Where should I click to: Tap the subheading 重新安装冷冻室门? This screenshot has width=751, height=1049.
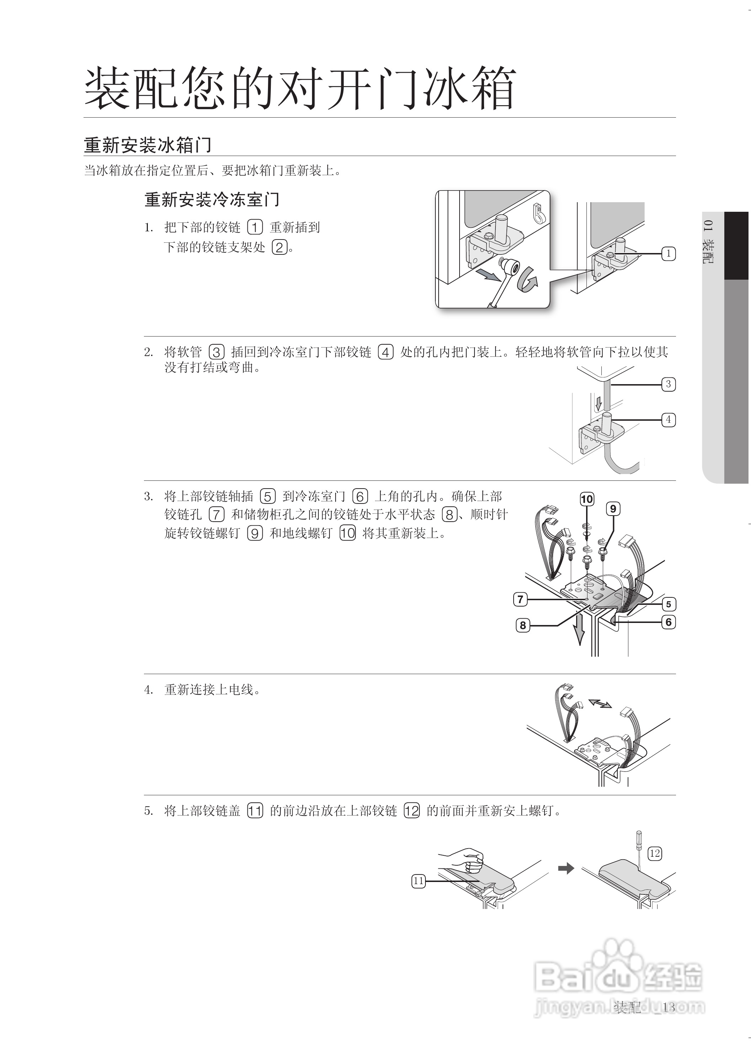[212, 200]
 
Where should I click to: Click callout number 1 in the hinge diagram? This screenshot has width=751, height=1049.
[668, 253]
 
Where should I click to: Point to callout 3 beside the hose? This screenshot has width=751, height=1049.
[668, 384]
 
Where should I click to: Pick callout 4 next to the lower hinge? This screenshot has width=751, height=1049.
[668, 420]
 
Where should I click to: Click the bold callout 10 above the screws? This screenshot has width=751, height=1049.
[586, 499]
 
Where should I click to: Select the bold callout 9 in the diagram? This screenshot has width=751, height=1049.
[613, 509]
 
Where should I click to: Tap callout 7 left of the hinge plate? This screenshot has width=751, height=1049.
[521, 599]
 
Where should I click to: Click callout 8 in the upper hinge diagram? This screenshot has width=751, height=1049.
[522, 625]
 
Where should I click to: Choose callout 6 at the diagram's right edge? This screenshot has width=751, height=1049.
[668, 622]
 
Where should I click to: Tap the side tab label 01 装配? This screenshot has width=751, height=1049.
[708, 242]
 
